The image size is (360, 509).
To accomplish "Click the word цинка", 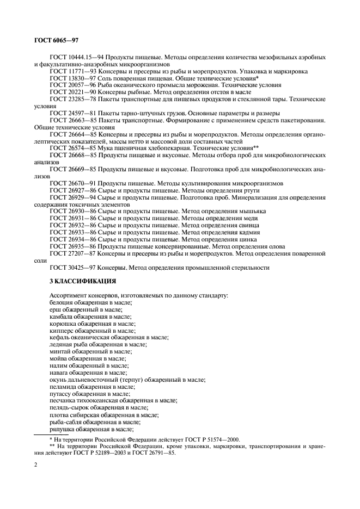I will pos(247,239).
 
